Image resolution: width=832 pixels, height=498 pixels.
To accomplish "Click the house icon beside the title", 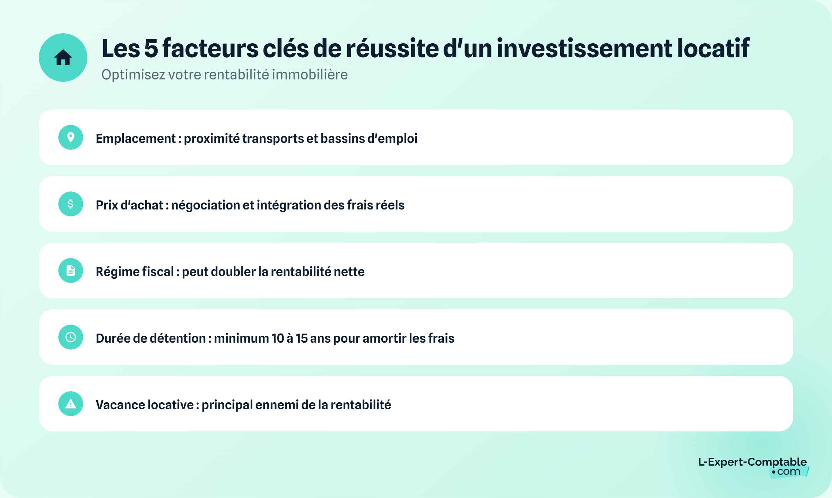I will pyautogui.click(x=63, y=58).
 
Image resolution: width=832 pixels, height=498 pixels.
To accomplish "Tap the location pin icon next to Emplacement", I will pyautogui.click(x=71, y=137).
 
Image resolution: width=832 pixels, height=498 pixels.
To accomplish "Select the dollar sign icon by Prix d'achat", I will pyautogui.click(x=71, y=204).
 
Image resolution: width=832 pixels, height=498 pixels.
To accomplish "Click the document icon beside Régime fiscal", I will pyautogui.click(x=71, y=271).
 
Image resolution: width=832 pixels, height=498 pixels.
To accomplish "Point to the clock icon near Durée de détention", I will pyautogui.click(x=71, y=337).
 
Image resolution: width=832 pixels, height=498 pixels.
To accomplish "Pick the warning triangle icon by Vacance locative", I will pyautogui.click(x=71, y=404).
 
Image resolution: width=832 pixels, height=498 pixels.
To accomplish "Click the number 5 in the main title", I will pyautogui.click(x=151, y=49).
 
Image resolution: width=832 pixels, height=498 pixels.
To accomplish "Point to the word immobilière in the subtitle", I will pyautogui.click(x=310, y=75).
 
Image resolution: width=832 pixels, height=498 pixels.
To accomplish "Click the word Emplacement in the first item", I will pyautogui.click(x=136, y=138).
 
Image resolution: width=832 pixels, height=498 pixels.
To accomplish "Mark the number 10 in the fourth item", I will pyautogui.click(x=278, y=338).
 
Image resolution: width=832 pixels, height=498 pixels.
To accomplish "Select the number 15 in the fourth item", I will pyautogui.click(x=302, y=338).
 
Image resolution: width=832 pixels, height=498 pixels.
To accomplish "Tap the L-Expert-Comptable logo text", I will pyautogui.click(x=752, y=462).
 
